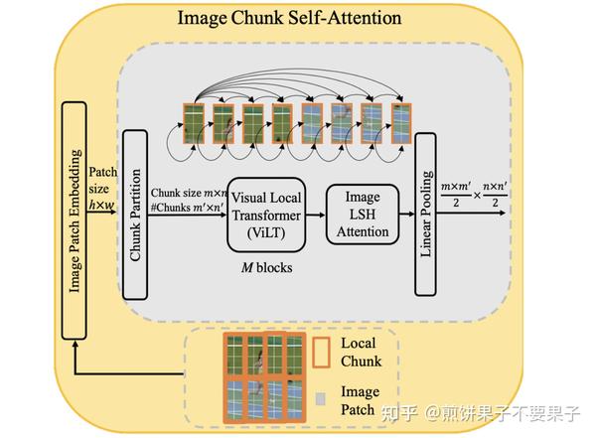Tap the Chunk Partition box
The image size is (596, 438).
(x=137, y=215)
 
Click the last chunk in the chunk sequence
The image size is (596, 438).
(x=401, y=123)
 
